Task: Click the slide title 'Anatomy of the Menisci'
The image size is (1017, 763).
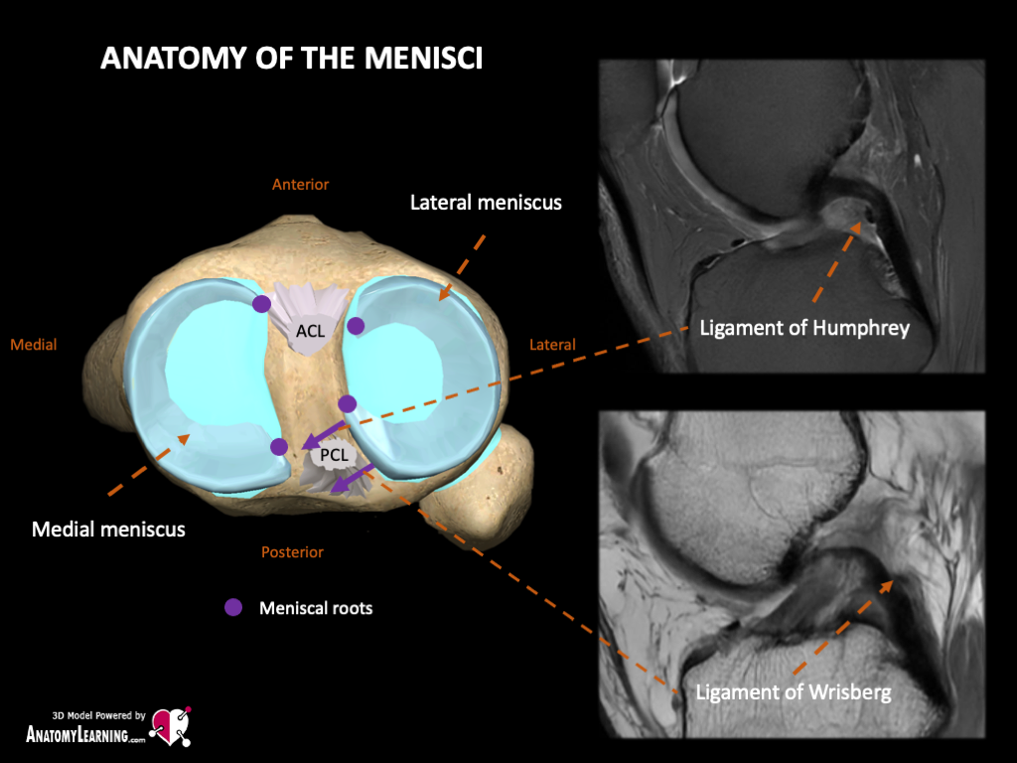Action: pyautogui.click(x=292, y=59)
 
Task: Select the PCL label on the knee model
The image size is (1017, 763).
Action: pyautogui.click(x=333, y=457)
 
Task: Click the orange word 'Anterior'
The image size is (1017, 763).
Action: pyautogui.click(x=300, y=184)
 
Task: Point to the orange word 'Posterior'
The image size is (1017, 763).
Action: pyautogui.click(x=292, y=552)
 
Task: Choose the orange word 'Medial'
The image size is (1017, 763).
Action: pyautogui.click(x=34, y=345)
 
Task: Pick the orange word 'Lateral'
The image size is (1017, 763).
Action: pyautogui.click(x=552, y=345)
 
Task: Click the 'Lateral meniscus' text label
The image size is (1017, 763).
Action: pyautogui.click(x=486, y=203)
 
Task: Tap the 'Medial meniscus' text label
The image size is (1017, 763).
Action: pyautogui.click(x=108, y=529)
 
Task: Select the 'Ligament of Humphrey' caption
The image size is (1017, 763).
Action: pyautogui.click(x=804, y=328)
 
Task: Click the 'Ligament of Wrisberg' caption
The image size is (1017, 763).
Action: pyautogui.click(x=794, y=691)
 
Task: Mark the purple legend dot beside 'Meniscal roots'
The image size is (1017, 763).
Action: pyautogui.click(x=233, y=607)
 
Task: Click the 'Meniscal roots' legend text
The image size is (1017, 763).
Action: pyautogui.click(x=315, y=607)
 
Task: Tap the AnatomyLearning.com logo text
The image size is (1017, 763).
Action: pyautogui.click(x=85, y=736)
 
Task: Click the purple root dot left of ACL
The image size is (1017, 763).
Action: pyautogui.click(x=261, y=303)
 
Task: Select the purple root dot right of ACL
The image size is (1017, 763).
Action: pyautogui.click(x=356, y=326)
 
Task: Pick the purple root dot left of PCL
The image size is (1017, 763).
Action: pyautogui.click(x=279, y=447)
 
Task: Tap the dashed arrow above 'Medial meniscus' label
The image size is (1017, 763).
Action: pyautogui.click(x=147, y=464)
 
